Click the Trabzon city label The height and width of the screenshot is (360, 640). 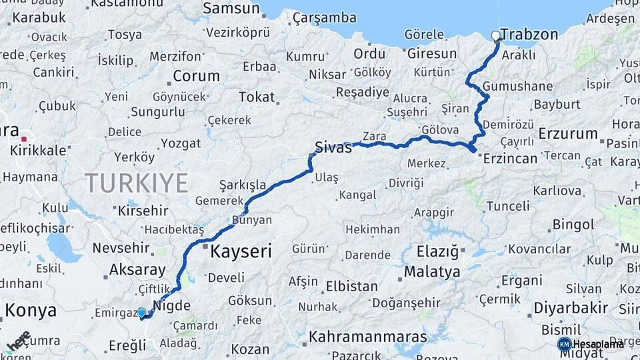click(531, 34)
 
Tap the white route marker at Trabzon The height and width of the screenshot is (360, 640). click(495, 36)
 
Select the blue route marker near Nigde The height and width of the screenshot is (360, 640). click(141, 312)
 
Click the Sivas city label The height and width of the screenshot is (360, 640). click(333, 147)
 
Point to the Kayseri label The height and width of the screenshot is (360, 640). click(241, 251)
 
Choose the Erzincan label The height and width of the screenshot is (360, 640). click(510, 158)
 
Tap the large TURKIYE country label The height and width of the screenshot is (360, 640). click(136, 183)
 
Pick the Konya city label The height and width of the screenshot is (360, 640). click(31, 310)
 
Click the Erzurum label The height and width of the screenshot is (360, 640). click(568, 133)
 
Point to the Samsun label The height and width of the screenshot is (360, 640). click(231, 9)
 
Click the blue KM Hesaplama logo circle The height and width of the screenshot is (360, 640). click(564, 344)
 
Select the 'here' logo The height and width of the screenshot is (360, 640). click(19, 341)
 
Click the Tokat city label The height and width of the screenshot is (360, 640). click(257, 97)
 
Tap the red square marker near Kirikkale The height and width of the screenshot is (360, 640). click(24, 139)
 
